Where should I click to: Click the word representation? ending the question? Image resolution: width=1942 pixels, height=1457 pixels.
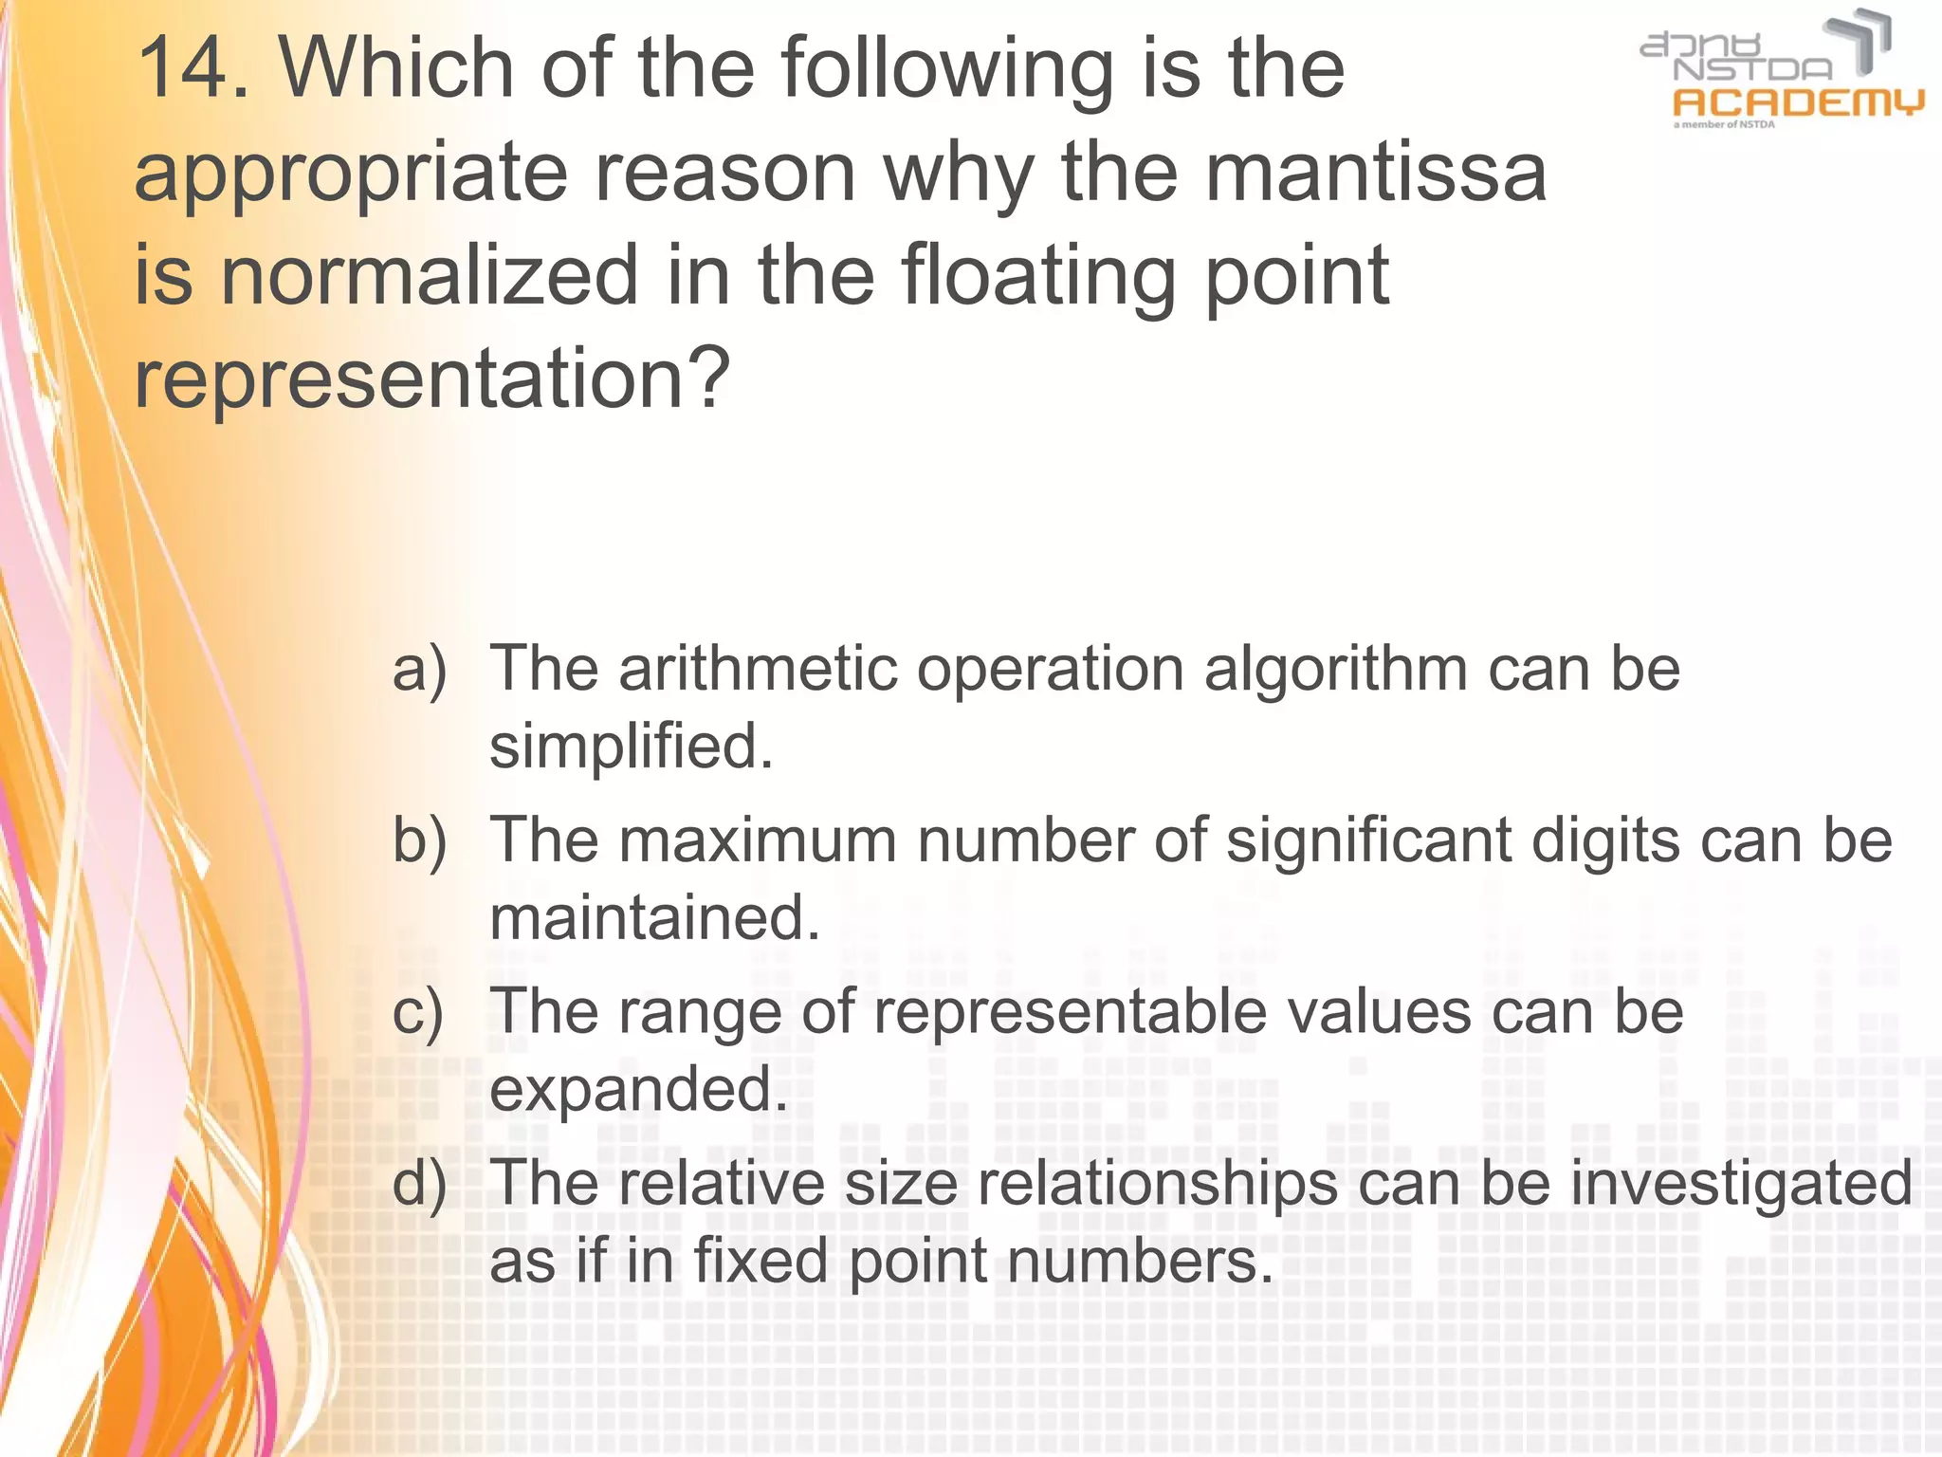point(432,378)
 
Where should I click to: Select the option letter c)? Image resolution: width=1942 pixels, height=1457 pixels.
point(418,1012)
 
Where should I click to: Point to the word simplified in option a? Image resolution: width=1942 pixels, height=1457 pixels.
point(631,746)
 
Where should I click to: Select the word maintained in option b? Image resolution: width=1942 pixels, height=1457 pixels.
point(654,917)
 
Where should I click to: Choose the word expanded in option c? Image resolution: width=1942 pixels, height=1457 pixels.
point(638,1089)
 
